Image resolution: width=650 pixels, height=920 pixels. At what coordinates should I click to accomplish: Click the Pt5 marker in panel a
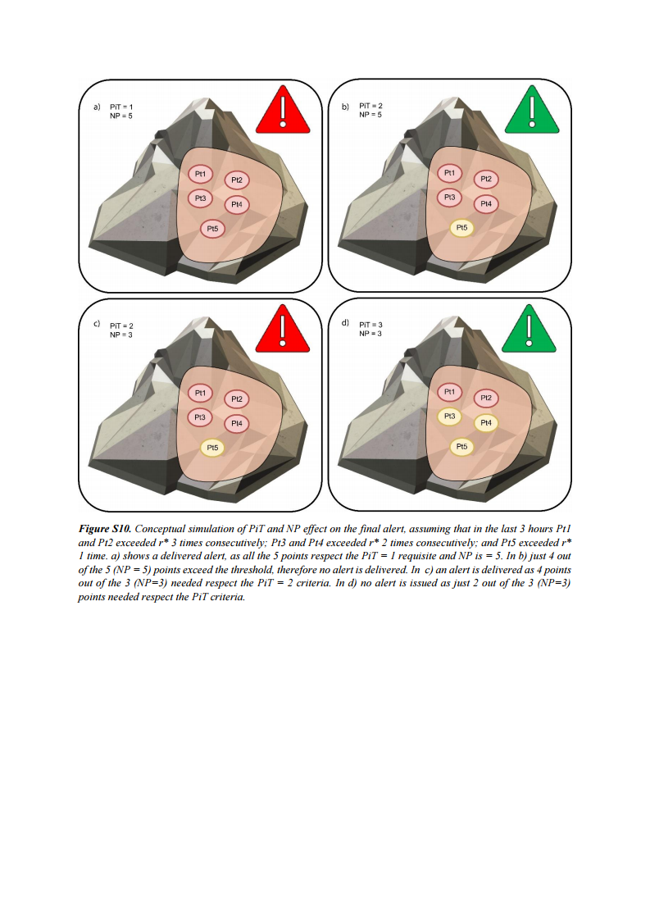212,228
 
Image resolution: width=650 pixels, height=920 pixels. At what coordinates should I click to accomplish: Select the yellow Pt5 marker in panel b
461,228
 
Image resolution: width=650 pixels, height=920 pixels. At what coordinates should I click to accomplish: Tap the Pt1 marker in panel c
200,393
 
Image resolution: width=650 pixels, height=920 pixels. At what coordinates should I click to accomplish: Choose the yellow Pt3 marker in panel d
449,416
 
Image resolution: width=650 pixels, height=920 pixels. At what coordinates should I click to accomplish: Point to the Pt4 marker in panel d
486,422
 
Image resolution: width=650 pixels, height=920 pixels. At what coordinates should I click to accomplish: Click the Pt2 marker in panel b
486,179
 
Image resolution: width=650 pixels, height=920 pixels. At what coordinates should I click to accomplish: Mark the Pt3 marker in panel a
200,198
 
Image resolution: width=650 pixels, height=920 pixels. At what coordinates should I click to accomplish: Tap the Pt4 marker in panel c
236,423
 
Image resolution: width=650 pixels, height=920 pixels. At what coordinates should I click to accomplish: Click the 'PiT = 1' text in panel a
121,107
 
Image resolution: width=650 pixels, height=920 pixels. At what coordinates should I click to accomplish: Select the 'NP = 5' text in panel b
370,115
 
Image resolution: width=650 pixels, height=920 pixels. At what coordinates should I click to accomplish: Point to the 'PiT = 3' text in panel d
370,325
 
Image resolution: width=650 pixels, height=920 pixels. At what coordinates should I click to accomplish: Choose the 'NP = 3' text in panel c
120,335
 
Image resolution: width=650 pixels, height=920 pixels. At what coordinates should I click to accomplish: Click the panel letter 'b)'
346,107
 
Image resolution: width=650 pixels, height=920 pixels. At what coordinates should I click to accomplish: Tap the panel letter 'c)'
97,324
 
